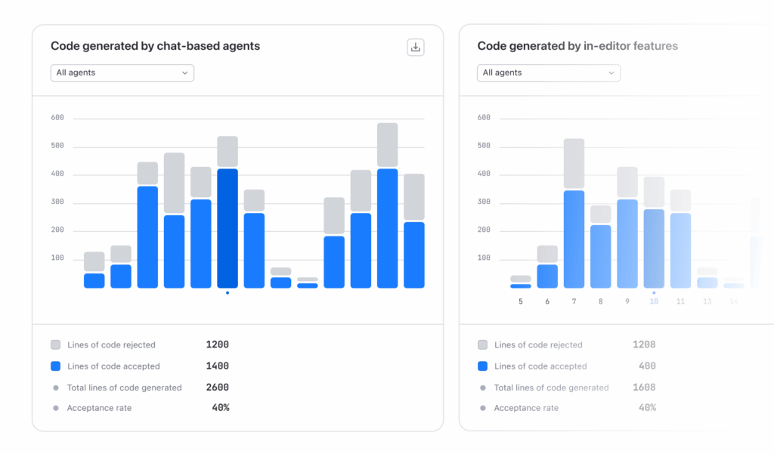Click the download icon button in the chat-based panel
click(x=415, y=48)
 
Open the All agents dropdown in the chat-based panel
click(x=122, y=73)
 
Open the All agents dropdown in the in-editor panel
click(x=548, y=73)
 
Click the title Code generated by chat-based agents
click(x=155, y=46)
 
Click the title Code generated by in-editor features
click(x=577, y=46)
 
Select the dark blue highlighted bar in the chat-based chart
click(x=228, y=227)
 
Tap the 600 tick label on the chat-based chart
click(x=57, y=118)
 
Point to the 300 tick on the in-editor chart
click(x=484, y=202)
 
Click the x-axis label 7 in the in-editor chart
click(x=574, y=301)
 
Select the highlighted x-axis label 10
click(x=654, y=301)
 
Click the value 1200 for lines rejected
click(x=217, y=344)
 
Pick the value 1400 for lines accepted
click(x=217, y=366)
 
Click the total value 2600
click(x=217, y=388)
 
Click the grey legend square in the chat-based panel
click(x=55, y=344)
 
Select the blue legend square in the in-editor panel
click(x=482, y=366)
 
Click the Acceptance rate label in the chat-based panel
click(x=99, y=408)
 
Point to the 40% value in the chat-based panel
click(x=220, y=408)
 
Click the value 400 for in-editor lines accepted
click(x=647, y=366)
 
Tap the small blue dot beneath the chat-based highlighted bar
click(x=228, y=293)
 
